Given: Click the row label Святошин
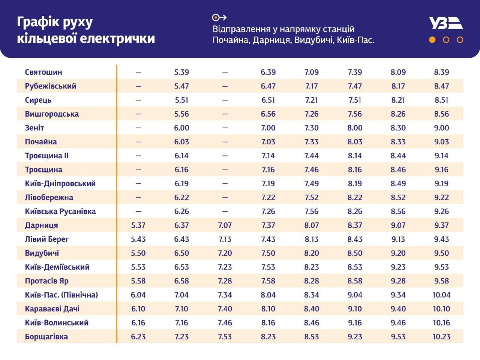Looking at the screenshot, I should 43,72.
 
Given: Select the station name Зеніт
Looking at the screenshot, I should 34,128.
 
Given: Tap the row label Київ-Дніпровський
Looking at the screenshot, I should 60,183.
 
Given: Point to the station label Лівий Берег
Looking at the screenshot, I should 47,239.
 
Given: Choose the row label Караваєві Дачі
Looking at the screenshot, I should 52,309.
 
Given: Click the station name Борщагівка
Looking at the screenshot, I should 46,336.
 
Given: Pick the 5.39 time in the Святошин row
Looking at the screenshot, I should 181,72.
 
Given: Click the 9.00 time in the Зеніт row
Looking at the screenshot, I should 441,128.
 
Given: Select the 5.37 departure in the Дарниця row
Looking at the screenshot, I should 138,225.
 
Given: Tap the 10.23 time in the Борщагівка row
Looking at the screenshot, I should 441,336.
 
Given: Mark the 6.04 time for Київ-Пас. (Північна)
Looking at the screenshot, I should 138,295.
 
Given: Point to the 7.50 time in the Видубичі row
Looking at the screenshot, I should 268,253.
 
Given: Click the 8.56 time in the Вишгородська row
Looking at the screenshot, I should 441,114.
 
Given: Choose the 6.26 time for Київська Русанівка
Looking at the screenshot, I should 181,211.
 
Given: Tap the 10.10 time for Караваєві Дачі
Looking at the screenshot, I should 441,309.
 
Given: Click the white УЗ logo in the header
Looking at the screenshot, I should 446,23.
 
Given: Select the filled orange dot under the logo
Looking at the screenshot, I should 432,40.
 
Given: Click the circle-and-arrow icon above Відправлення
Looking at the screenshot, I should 219,17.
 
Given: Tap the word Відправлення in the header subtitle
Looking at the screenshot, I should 242,29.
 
